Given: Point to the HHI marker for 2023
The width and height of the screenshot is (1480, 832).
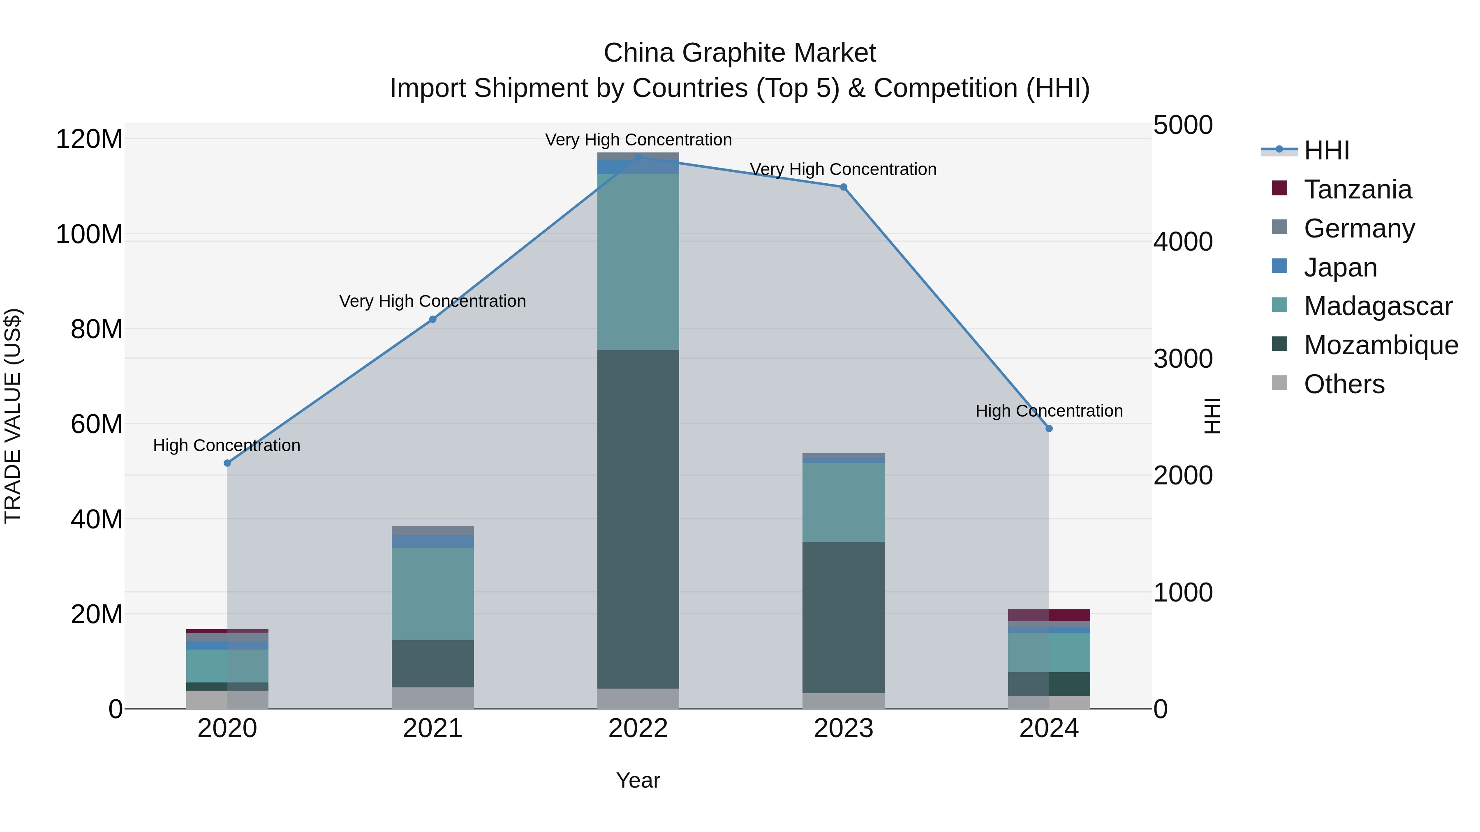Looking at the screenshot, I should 844,187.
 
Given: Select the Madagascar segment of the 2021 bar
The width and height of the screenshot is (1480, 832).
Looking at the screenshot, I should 432,593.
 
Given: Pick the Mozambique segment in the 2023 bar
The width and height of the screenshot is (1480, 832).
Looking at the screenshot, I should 844,617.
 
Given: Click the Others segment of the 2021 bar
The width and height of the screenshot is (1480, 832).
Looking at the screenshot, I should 432,697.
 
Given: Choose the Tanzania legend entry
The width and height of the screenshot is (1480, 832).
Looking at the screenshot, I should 1357,189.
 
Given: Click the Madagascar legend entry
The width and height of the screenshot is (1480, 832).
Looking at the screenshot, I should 1377,306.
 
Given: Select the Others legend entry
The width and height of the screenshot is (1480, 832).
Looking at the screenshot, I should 1344,384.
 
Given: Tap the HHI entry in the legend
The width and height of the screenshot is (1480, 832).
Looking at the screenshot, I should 1326,150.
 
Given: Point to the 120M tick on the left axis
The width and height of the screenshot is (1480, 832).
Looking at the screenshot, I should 89,140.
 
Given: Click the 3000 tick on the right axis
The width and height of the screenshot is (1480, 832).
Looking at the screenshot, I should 1183,359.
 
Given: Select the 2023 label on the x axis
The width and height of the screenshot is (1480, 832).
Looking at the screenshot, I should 844,728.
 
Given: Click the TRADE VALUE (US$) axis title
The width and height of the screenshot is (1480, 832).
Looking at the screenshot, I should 13,416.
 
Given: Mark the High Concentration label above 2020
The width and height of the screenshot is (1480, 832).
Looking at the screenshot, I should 227,445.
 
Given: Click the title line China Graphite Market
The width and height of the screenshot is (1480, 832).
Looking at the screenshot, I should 740,53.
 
